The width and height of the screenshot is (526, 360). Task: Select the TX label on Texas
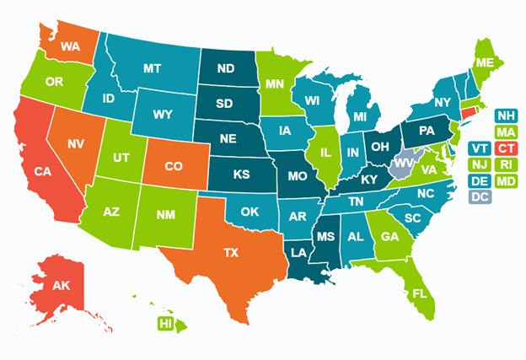(230, 251)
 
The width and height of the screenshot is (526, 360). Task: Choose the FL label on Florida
(419, 294)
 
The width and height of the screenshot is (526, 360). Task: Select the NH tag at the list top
(506, 116)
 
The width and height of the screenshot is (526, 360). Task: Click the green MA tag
(506, 132)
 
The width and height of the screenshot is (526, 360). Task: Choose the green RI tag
(506, 165)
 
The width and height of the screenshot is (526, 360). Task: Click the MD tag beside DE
(506, 181)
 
